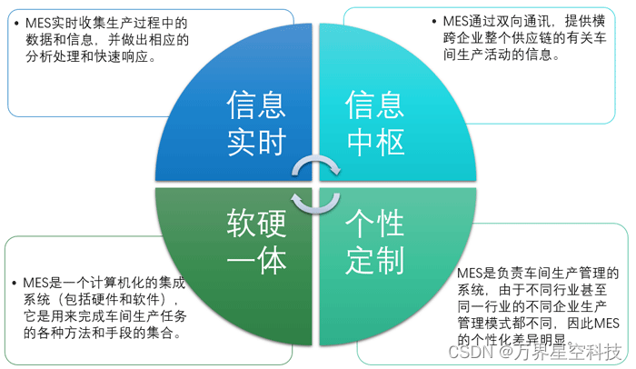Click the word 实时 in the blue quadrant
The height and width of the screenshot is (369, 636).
click(x=257, y=142)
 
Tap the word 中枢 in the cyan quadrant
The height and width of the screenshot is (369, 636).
click(x=374, y=142)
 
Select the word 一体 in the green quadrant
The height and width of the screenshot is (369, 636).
click(x=257, y=262)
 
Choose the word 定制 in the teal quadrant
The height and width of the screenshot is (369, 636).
click(x=374, y=262)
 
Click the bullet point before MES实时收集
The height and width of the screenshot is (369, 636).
click(x=17, y=21)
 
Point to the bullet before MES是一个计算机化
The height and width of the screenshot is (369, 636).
click(x=17, y=283)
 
